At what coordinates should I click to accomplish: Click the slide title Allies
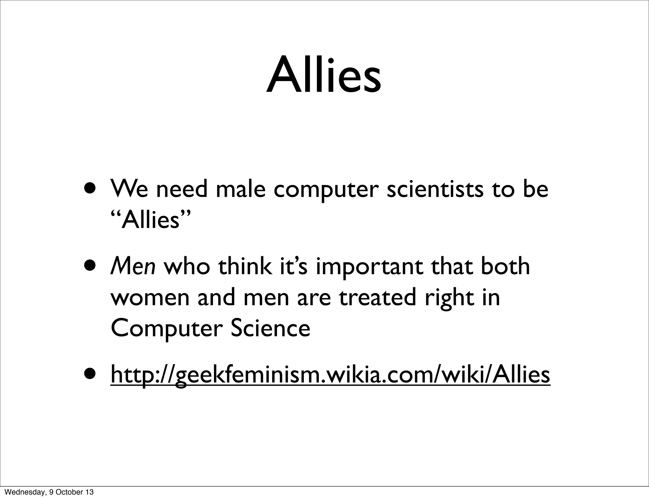click(x=324, y=76)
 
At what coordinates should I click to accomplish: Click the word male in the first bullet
click(x=241, y=189)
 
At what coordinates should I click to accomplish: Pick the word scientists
click(x=435, y=189)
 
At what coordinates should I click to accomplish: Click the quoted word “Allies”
click(x=151, y=220)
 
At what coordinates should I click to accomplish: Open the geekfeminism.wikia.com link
click(x=330, y=375)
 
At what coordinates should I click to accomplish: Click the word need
click(x=182, y=189)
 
